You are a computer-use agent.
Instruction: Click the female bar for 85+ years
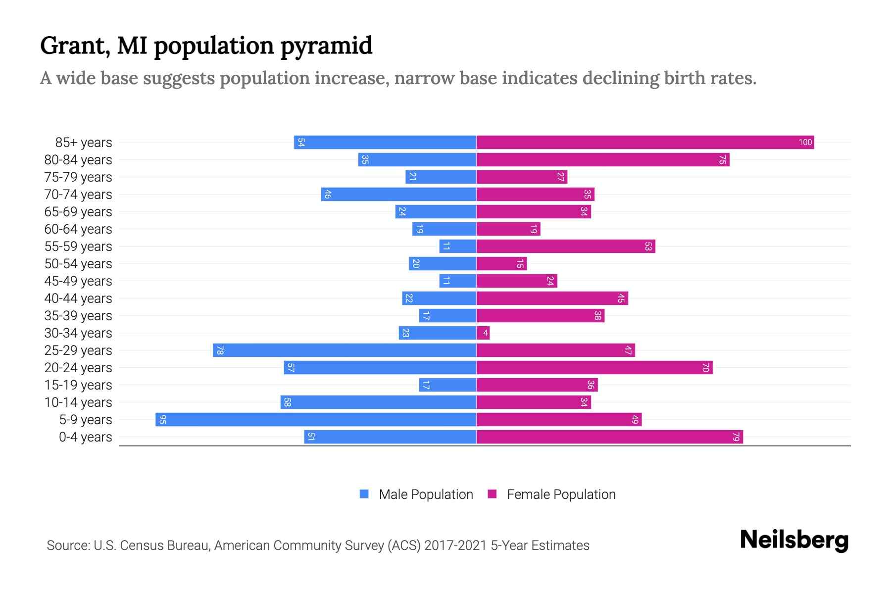(643, 143)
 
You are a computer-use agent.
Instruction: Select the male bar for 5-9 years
(317, 420)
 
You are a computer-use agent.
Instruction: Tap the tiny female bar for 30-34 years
(483, 333)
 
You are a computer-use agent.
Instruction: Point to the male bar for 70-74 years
(399, 195)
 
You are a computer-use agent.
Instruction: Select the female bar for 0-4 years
(609, 437)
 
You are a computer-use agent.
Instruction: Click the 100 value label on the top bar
(805, 143)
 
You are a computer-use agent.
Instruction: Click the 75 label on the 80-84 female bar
(722, 160)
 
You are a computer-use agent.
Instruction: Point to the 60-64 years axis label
(78, 229)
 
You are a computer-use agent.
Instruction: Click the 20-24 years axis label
(78, 368)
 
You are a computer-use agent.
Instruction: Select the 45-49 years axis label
(78, 281)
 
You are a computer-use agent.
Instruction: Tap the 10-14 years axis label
(78, 402)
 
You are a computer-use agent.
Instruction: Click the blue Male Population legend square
(364, 494)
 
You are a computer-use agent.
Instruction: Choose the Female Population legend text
(561, 495)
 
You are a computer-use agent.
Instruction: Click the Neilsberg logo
(794, 540)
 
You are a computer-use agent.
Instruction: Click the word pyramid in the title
(326, 46)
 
